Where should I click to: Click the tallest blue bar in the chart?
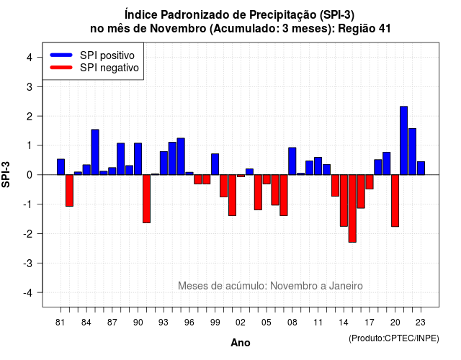tap(403, 140)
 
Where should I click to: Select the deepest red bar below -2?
tap(352, 208)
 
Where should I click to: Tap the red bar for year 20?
tap(395, 201)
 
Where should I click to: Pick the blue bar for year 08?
tap(292, 161)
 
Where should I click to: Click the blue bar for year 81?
tap(61, 167)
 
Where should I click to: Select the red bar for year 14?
tap(344, 200)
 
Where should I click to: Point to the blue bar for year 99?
tap(215, 164)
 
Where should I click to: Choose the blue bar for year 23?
tap(421, 168)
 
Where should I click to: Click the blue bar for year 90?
tap(138, 159)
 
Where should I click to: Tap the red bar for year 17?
tap(370, 182)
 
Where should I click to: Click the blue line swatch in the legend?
tap(61, 55)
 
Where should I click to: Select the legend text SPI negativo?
tap(109, 68)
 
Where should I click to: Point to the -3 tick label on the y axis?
tap(29, 264)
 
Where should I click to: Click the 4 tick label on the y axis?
tap(30, 57)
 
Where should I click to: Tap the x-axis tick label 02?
tap(241, 323)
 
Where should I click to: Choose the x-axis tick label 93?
tap(164, 323)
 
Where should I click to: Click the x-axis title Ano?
tap(241, 343)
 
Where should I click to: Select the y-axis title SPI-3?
tap(6, 174)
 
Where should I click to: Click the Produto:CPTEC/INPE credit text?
tap(394, 338)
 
